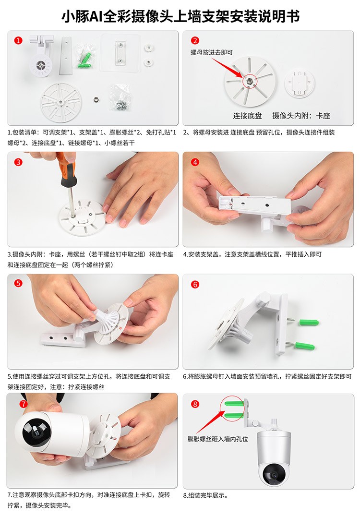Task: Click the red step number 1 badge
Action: click(x=18, y=40)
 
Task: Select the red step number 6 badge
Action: click(x=195, y=284)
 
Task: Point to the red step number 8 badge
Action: click(x=195, y=404)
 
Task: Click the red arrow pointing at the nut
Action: click(x=227, y=68)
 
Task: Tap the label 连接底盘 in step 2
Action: click(x=248, y=116)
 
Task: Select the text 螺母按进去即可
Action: click(x=212, y=52)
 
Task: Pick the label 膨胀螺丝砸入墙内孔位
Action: click(x=218, y=439)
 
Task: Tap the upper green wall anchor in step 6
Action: click(x=309, y=322)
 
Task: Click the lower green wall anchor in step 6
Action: click(x=304, y=346)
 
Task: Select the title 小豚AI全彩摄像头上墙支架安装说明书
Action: click(x=180, y=16)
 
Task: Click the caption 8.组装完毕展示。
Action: click(x=205, y=495)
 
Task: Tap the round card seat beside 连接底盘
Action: click(x=300, y=83)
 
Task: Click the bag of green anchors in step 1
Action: click(x=85, y=56)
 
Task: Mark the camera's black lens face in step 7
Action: click(x=34, y=432)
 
